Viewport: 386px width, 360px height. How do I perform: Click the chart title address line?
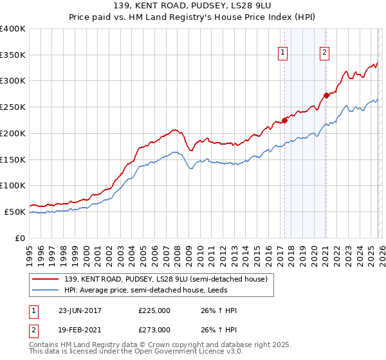tap(192, 6)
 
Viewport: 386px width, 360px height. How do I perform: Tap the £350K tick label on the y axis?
tap(13, 55)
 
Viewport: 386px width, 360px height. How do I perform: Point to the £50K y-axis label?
tap(15, 212)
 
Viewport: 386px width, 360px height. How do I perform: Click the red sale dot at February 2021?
tap(326, 95)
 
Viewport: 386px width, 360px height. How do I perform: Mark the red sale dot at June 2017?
tap(284, 120)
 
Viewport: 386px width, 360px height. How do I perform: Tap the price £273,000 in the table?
tap(154, 329)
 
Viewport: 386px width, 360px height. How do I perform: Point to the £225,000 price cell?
tap(154, 310)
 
